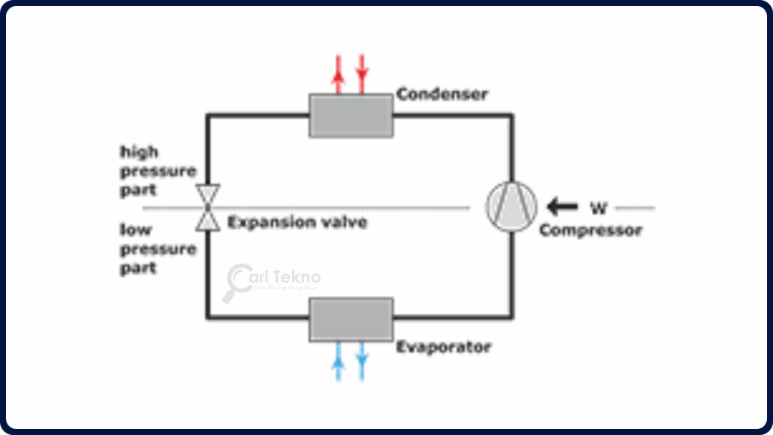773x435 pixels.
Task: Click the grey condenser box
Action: [351, 116]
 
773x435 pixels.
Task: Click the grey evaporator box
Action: [351, 319]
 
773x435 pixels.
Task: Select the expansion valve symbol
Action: [207, 207]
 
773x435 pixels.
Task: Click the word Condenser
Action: [442, 94]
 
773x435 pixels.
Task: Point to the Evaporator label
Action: [444, 347]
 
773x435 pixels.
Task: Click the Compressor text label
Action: [590, 230]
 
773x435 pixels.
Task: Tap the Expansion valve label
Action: [297, 223]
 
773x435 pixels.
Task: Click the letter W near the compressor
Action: [598, 206]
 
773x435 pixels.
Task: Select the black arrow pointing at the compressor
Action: [562, 206]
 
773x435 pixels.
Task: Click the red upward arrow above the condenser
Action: [339, 72]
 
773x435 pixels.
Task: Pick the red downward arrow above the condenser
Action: [362, 72]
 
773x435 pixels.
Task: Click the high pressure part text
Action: [158, 171]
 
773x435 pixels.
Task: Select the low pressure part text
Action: [158, 248]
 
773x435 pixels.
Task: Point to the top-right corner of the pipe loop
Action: [512, 115]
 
